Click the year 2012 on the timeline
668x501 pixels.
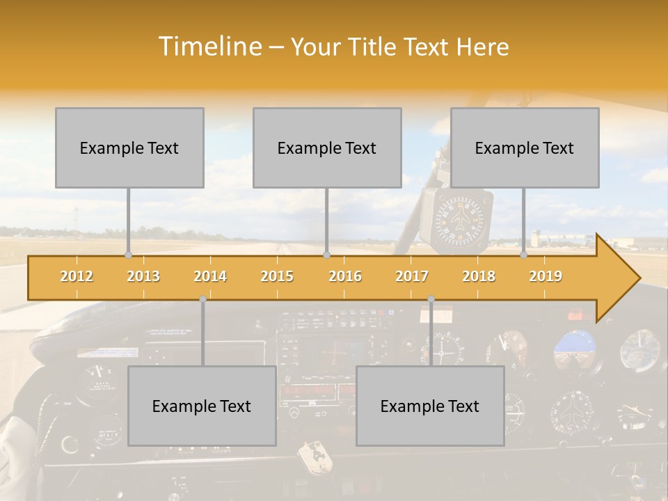click(x=77, y=276)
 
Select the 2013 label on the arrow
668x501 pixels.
click(x=143, y=276)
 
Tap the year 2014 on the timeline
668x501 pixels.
click(x=210, y=276)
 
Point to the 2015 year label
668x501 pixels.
click(x=277, y=276)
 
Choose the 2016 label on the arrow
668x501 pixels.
click(x=345, y=276)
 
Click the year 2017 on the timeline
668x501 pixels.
click(x=412, y=276)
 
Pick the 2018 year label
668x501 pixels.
click(x=479, y=276)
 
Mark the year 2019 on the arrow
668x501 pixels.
click(x=546, y=276)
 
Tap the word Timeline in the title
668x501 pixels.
click(x=209, y=47)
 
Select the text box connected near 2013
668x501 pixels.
click(x=129, y=148)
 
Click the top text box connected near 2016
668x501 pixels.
click(x=327, y=148)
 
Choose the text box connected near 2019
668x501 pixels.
click(x=525, y=148)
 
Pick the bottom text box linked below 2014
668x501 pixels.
click(x=202, y=406)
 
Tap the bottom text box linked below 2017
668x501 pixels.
click(x=430, y=406)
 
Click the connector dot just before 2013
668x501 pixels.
click(x=128, y=255)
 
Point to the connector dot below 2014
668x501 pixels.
click(x=202, y=299)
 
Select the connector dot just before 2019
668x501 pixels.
click(x=524, y=255)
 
